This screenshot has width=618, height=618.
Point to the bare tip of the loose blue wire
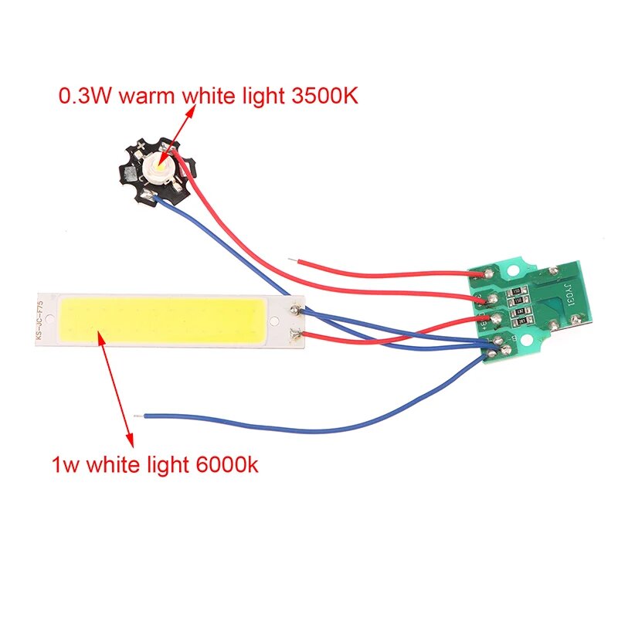(137, 416)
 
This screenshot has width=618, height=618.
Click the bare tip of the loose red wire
(290, 260)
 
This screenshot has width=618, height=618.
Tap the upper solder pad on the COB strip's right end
(296, 310)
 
